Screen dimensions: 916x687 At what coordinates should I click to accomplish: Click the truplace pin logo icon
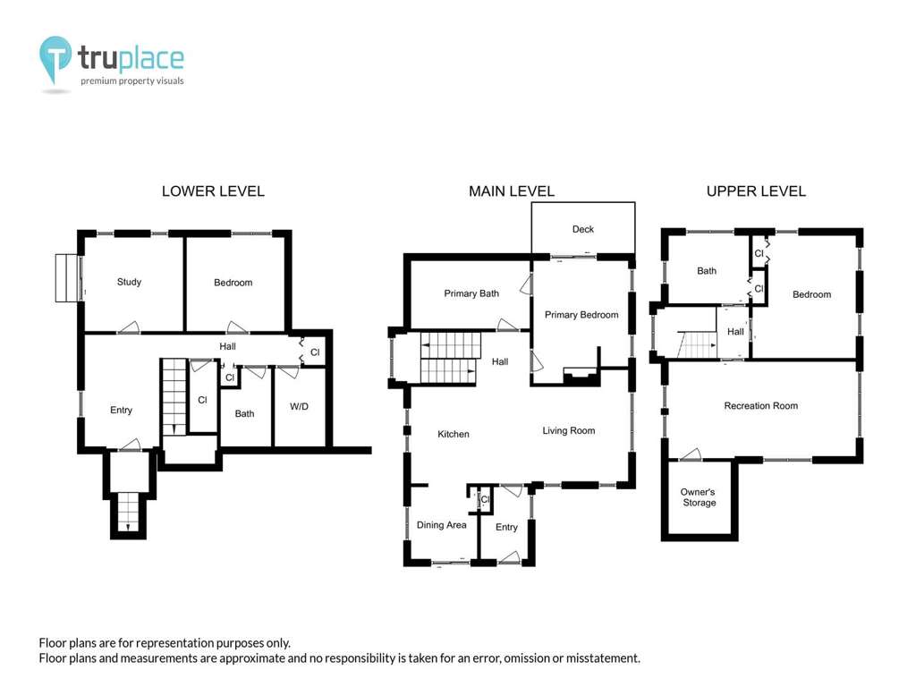coord(55,59)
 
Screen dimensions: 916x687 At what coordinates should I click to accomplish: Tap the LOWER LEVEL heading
coord(213,191)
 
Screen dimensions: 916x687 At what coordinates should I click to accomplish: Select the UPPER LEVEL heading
coord(756,191)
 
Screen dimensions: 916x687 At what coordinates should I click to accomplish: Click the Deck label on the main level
coord(583,229)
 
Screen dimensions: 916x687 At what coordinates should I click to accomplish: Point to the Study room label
coord(129,282)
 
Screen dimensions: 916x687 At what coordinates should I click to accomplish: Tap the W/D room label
coord(299,406)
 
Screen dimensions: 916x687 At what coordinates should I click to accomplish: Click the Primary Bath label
coord(471,293)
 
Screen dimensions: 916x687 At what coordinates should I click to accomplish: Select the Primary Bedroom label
coord(581,315)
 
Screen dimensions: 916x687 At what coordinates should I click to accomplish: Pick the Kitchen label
coord(454,434)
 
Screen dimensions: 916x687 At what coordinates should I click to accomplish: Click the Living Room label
coord(568,430)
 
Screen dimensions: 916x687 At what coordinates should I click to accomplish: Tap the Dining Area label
coord(441,524)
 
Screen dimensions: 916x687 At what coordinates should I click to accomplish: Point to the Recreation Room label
coord(760,405)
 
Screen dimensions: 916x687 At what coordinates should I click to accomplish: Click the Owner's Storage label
coord(699,497)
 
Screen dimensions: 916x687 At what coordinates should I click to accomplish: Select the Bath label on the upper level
coord(707,270)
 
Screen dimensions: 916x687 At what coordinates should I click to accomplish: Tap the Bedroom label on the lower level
coord(233,282)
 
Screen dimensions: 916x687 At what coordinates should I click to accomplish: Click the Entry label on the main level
coord(506,527)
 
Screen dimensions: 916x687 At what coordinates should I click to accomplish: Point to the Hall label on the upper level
coord(735,331)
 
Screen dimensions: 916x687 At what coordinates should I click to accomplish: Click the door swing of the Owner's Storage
coord(691,454)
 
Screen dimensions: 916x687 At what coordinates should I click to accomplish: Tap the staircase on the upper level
coord(697,344)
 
